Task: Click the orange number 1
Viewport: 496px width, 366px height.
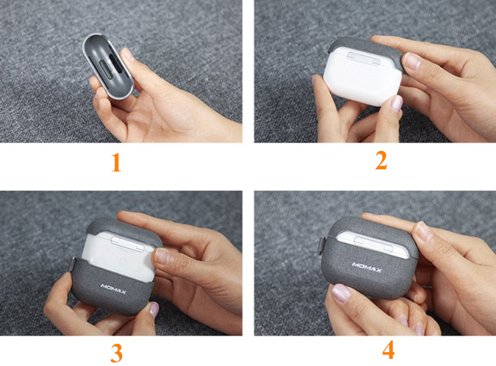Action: pos(116,163)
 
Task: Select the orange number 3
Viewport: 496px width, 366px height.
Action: pos(116,353)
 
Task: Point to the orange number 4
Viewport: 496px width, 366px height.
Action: pos(389,349)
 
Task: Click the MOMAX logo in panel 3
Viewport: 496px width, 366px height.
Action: pos(113,289)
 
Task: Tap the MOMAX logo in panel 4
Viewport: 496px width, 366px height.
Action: pos(367,267)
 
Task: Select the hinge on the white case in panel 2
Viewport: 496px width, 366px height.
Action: pos(363,58)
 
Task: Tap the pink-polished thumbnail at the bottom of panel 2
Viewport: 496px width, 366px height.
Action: pos(395,103)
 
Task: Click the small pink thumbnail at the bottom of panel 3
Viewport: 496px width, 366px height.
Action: pos(154,309)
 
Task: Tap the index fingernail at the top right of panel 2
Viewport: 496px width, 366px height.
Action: pos(412,61)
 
